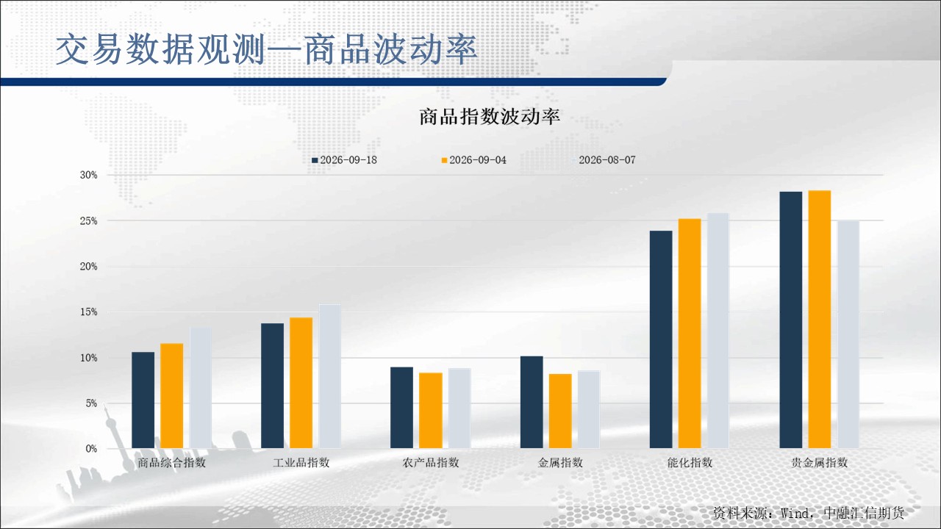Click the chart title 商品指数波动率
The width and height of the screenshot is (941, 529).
coord(490,116)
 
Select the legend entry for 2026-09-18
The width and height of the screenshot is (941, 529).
coord(345,160)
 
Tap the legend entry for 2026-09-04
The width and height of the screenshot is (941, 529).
coord(474,160)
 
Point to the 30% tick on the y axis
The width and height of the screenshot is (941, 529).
coord(89,175)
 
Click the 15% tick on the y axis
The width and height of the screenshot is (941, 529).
coord(89,312)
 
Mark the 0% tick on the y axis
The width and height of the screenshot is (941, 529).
coord(92,449)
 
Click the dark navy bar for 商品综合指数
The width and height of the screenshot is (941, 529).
coord(143,400)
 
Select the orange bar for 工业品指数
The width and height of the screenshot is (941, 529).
coord(301,383)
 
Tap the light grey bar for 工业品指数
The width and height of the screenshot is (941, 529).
coord(330,376)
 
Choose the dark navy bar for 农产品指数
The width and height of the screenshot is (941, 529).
coord(401,408)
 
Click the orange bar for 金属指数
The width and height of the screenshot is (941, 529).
coord(560,411)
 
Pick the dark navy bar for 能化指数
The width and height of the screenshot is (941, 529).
coord(661,339)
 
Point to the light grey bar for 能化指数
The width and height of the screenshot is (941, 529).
coord(718,331)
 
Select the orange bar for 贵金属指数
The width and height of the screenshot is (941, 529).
coord(820,320)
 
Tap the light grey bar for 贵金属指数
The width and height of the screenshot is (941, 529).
coord(848,334)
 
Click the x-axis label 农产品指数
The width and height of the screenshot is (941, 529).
coord(431,463)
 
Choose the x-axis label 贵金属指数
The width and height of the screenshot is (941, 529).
coord(820,463)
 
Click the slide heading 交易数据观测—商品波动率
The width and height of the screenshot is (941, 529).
coord(266,49)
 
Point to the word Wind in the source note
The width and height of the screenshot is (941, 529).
coord(795,513)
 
